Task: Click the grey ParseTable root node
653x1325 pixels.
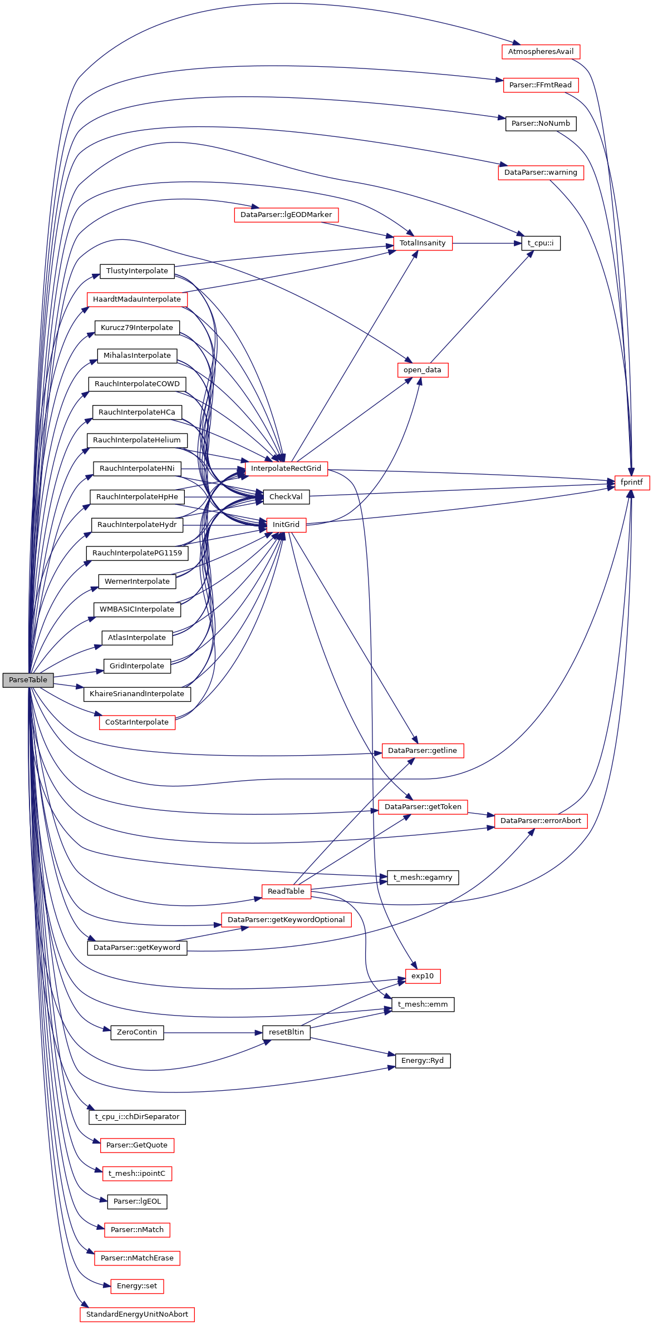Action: tap(28, 680)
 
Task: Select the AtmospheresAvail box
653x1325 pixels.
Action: tap(541, 52)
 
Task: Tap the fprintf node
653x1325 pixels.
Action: tap(631, 482)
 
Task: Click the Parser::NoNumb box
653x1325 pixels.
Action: tap(541, 124)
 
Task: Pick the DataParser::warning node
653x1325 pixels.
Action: tap(541, 173)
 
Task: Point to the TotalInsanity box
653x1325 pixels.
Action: tap(423, 243)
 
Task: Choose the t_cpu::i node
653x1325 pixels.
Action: tap(541, 243)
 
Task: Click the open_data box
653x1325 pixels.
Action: tap(422, 370)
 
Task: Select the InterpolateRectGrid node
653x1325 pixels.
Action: tap(286, 469)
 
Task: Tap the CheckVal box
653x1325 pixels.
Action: tap(286, 497)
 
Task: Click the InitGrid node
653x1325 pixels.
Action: tap(286, 525)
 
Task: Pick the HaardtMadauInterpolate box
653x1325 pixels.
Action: tap(136, 299)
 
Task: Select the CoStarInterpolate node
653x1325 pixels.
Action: tap(136, 722)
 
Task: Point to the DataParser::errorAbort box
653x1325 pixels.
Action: tap(541, 821)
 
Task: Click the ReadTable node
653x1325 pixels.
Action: tap(286, 891)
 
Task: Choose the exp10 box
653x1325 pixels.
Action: tap(423, 976)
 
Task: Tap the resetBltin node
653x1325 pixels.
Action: tap(286, 1032)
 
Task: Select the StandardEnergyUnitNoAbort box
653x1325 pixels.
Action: tap(137, 1314)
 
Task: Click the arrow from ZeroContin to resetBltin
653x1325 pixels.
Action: tap(212, 1033)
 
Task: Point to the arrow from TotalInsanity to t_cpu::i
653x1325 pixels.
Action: tap(487, 243)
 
